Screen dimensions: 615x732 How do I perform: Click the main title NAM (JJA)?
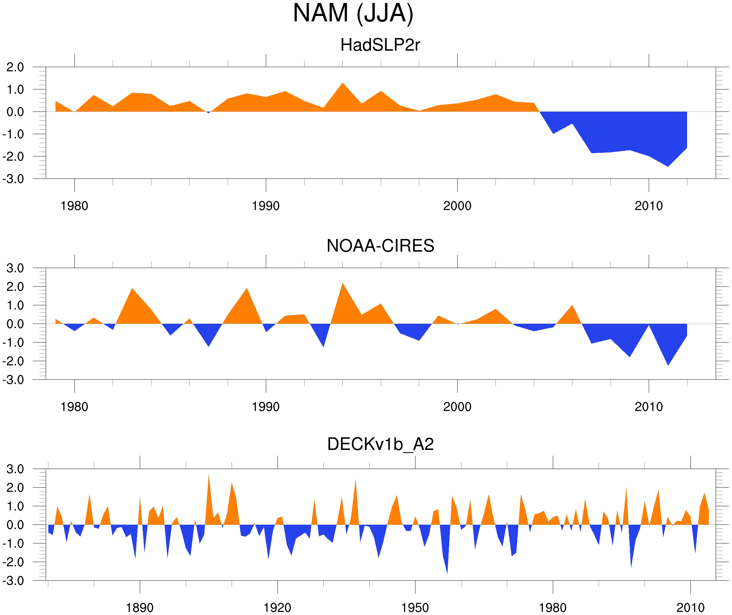pos(353,13)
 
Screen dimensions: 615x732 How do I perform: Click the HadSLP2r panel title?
pos(380,45)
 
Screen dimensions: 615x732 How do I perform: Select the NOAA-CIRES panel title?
pos(380,246)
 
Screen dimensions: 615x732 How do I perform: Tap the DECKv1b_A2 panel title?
pos(380,444)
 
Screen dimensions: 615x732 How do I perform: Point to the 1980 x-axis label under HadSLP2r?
pos(74,206)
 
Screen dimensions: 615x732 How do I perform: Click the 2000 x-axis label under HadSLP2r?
pos(457,206)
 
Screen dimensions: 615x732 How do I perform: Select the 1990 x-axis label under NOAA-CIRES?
pos(266,407)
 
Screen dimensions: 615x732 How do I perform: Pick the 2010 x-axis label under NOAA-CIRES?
pos(648,407)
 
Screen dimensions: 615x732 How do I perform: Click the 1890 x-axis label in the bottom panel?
pos(140,608)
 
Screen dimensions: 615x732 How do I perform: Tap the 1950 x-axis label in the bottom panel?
pos(415,608)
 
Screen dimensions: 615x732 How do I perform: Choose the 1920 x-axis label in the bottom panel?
pos(277,608)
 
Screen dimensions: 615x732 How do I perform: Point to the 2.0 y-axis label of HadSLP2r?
pos(15,67)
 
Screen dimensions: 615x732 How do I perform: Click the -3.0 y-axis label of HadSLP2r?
pos(13,179)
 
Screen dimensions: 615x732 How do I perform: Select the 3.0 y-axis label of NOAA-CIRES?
pos(15,268)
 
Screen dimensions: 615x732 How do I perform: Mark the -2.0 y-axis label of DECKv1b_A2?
pos(13,562)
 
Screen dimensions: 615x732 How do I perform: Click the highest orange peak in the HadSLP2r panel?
pos(343,84)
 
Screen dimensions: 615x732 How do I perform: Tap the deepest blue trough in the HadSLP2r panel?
pos(668,165)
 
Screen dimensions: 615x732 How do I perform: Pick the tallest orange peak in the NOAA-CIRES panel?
pos(343,285)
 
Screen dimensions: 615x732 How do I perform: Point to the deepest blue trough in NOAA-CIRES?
pos(668,364)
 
